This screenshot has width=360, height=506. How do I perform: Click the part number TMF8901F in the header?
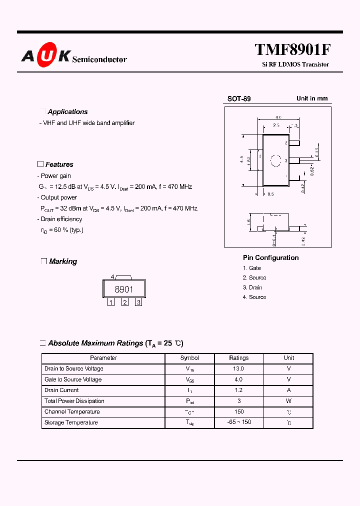[292, 50]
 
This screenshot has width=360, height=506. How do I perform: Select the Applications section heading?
[67, 112]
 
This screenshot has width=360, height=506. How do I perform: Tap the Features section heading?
[59, 164]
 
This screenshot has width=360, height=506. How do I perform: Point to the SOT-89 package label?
[239, 99]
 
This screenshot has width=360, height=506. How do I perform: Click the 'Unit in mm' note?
[312, 98]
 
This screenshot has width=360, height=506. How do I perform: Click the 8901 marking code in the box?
[124, 289]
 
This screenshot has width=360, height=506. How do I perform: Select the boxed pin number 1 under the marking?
[111, 302]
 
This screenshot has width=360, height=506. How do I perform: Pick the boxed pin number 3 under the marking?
[138, 302]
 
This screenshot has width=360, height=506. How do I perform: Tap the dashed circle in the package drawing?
[276, 160]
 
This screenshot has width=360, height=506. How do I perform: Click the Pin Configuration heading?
[271, 258]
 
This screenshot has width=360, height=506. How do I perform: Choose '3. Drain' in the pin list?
[252, 287]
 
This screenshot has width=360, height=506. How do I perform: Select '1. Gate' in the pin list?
[252, 268]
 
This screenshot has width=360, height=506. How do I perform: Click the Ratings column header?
[239, 358]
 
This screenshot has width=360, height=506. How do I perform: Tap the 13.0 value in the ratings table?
[239, 369]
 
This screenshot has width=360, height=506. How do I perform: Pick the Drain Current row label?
[61, 390]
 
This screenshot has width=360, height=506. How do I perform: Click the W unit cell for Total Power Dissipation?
[289, 401]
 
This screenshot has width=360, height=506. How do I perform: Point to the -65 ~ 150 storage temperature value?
[239, 422]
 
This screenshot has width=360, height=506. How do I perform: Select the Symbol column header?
[189, 358]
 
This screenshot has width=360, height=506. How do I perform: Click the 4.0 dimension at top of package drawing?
[277, 117]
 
